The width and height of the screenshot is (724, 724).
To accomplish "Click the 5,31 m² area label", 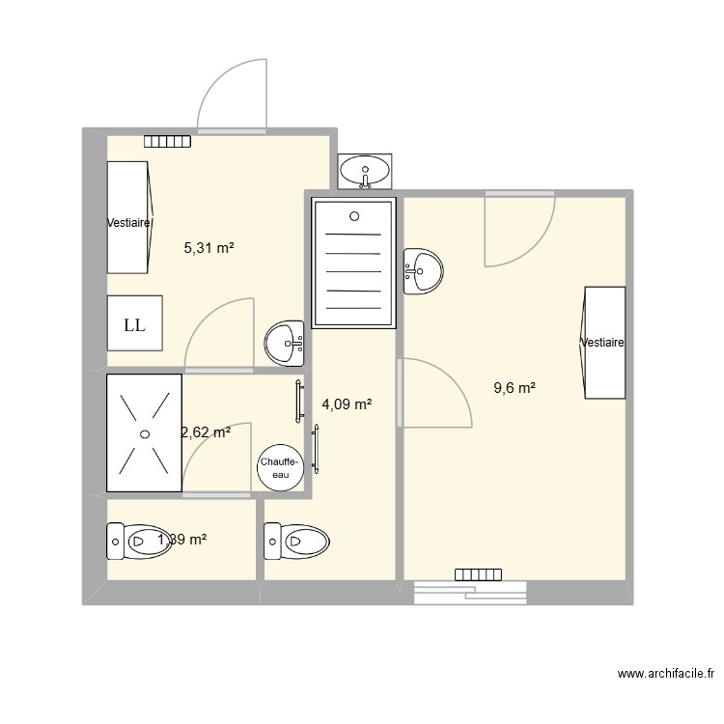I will (x=209, y=248).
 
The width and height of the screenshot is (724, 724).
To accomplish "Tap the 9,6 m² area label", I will (x=515, y=388).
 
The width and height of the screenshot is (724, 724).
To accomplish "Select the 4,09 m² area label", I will (x=348, y=405).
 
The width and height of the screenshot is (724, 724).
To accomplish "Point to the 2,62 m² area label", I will (x=206, y=432).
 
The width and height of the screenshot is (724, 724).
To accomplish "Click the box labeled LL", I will (x=134, y=324).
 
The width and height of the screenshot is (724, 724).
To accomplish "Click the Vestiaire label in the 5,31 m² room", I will (x=128, y=223).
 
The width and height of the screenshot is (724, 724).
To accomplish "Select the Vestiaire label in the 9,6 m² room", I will (x=602, y=343).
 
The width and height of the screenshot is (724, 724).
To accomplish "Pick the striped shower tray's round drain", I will (x=354, y=216).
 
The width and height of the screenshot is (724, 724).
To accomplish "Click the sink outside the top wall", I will (x=365, y=172).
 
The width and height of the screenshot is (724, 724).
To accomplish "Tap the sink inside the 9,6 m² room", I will (x=423, y=271).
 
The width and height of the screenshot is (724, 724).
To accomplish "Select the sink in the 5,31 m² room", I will (x=285, y=342).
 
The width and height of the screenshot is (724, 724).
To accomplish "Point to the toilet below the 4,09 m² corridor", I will (x=297, y=541).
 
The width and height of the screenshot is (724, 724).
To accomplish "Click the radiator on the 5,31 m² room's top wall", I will (x=167, y=141).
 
